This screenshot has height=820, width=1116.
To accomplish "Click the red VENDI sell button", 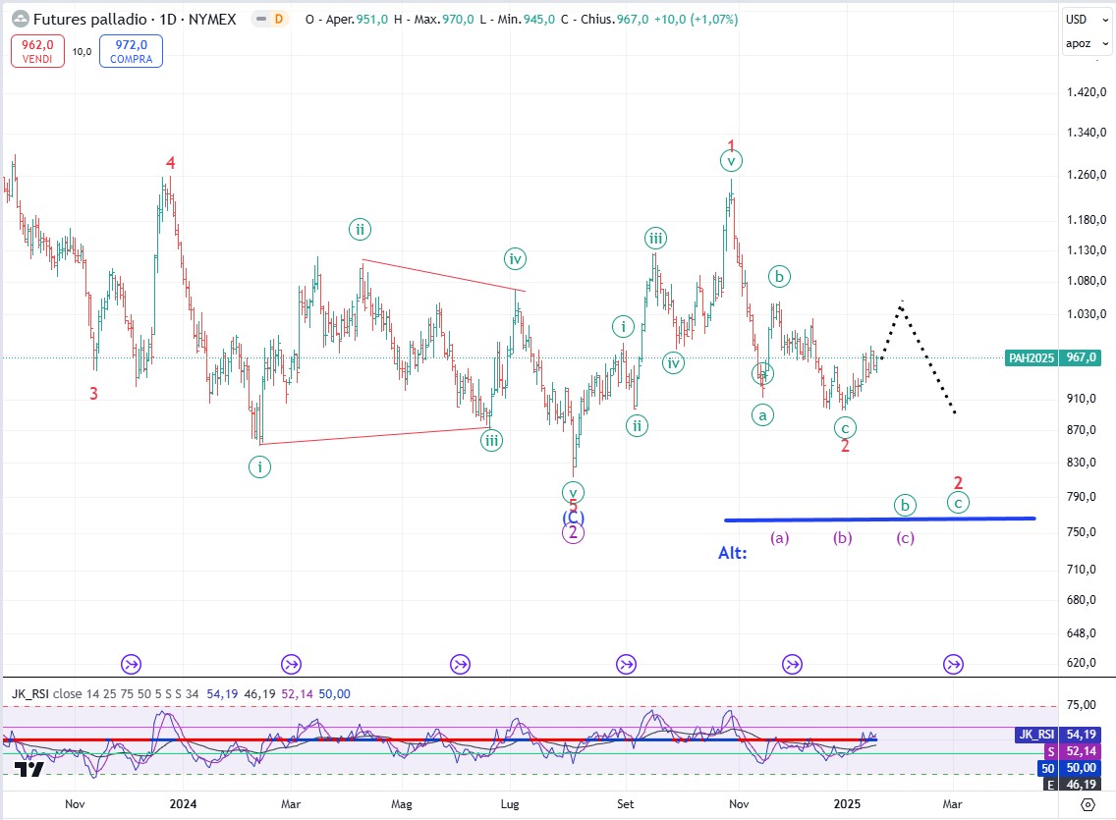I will (38, 51).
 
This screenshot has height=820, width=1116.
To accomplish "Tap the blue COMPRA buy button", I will (131, 51).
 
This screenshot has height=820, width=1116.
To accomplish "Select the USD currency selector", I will (1077, 20).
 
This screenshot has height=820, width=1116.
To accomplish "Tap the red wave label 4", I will (171, 163).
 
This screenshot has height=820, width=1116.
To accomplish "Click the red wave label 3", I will (93, 394).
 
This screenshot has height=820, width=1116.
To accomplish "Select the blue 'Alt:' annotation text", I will (732, 553).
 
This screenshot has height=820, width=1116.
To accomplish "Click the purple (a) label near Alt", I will (779, 538).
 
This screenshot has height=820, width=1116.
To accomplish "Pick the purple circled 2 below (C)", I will (573, 533).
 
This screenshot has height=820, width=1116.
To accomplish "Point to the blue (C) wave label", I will (573, 517).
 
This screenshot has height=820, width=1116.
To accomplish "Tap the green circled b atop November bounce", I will (779, 276).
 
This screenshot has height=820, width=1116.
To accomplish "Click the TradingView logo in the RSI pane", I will (29, 770).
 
